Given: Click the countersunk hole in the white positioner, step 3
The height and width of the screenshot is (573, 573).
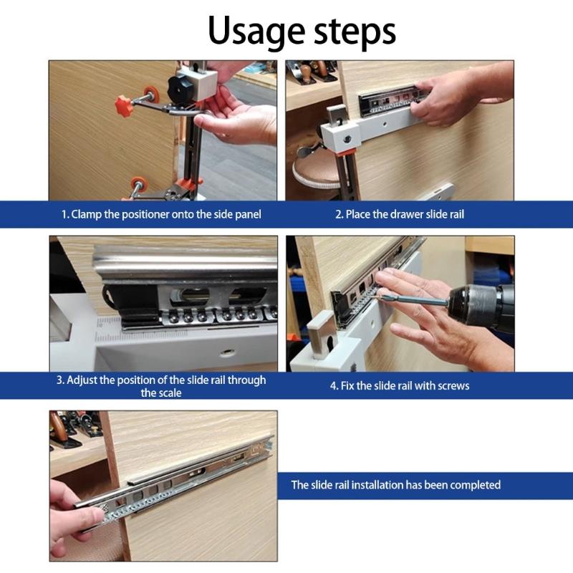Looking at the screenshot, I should coord(227,353).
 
